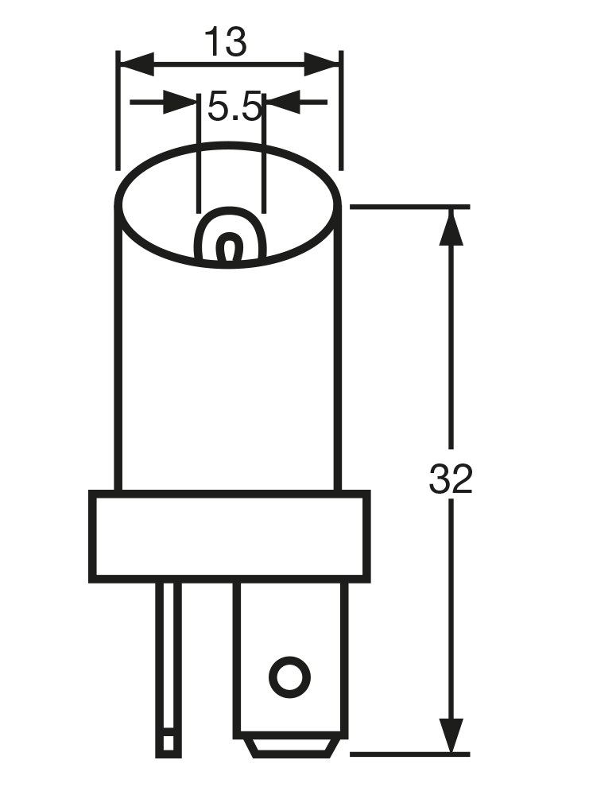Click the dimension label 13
226,42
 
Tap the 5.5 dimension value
234,107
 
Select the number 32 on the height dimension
451,479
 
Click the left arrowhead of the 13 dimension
137,64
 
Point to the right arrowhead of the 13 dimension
321,64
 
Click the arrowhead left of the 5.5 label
180,103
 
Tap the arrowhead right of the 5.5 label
283,103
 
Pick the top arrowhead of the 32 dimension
451,227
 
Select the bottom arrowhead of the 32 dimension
451,736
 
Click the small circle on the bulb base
289,677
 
